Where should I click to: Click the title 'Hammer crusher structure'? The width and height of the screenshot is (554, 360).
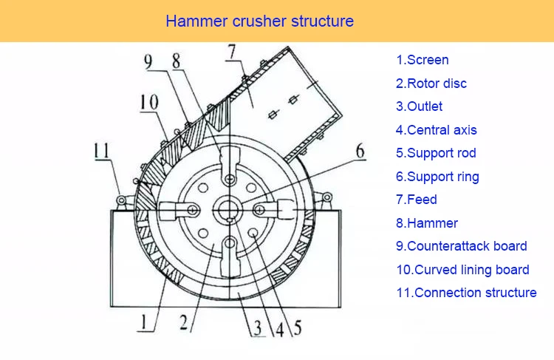coord(259,21)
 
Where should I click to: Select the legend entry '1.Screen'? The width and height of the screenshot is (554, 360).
coord(423,60)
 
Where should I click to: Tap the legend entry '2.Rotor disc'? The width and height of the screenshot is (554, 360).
coord(431,84)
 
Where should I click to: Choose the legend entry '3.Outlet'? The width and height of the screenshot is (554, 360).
coord(420,106)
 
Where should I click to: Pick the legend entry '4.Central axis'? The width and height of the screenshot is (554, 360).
coord(437,130)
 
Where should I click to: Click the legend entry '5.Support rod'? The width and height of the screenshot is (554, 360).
coord(436,153)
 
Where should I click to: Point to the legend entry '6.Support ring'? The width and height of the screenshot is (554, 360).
coord(437,177)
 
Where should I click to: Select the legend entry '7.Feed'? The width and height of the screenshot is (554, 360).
coord(417,200)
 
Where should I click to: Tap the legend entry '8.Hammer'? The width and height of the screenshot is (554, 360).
coord(427,223)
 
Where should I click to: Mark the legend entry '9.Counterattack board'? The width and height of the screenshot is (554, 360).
coord(462,246)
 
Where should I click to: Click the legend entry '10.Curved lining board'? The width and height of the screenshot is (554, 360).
coord(463,270)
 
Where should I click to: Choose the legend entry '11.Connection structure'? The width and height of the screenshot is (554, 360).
coord(467,293)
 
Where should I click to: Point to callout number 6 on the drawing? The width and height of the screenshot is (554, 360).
coord(360,151)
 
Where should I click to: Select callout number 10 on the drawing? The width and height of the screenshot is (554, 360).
coord(148,102)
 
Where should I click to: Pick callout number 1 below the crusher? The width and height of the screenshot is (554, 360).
coord(145,322)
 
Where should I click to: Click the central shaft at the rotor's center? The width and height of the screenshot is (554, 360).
coord(230,210)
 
